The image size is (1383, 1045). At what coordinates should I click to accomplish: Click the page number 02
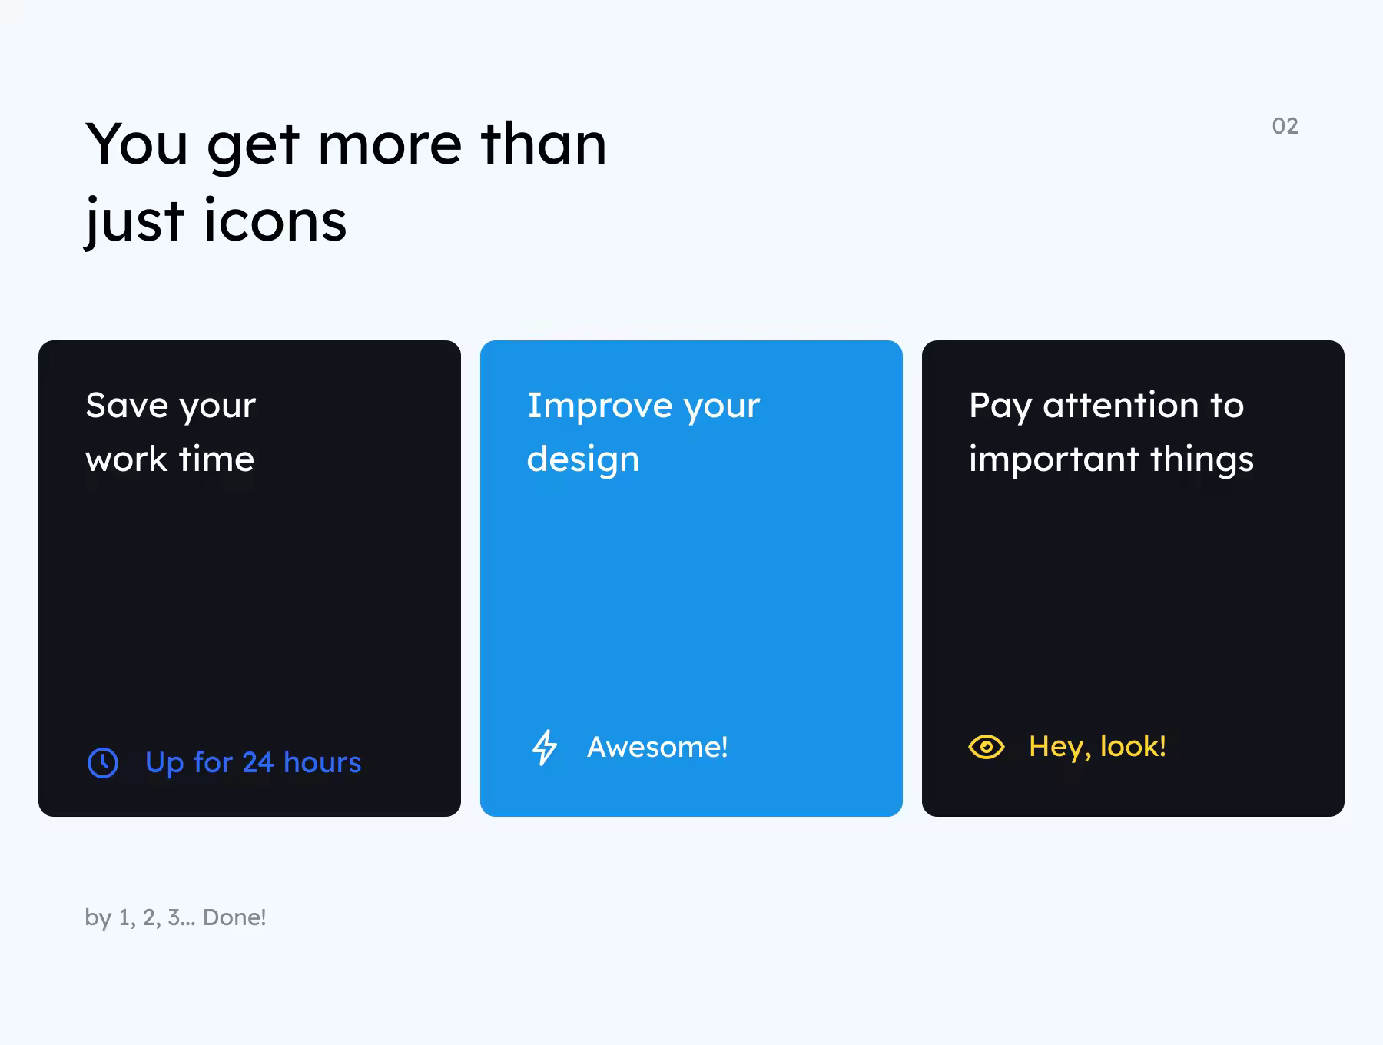pyautogui.click(x=1285, y=126)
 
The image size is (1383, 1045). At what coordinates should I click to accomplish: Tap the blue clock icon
pyautogui.click(x=103, y=763)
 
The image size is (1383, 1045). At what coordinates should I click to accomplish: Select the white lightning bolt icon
pyautogui.click(x=545, y=747)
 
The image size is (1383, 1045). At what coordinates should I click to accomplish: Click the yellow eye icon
pyautogui.click(x=987, y=747)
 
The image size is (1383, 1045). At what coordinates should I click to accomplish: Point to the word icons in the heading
pyautogui.click(x=276, y=221)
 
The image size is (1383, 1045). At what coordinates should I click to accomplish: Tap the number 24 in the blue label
pyautogui.click(x=258, y=762)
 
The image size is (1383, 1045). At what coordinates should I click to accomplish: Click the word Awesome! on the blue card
pyautogui.click(x=658, y=747)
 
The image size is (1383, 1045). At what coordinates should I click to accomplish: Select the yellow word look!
pyautogui.click(x=1133, y=746)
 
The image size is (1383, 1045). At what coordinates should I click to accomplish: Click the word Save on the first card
pyautogui.click(x=127, y=405)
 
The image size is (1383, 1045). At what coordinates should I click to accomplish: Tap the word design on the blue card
pyautogui.click(x=583, y=459)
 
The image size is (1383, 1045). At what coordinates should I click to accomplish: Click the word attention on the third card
pyautogui.click(x=1121, y=405)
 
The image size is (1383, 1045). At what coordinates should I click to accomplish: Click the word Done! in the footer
pyautogui.click(x=234, y=917)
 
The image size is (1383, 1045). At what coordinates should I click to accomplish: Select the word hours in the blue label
pyautogui.click(x=322, y=762)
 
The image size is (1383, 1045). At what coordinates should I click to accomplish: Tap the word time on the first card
pyautogui.click(x=216, y=459)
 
